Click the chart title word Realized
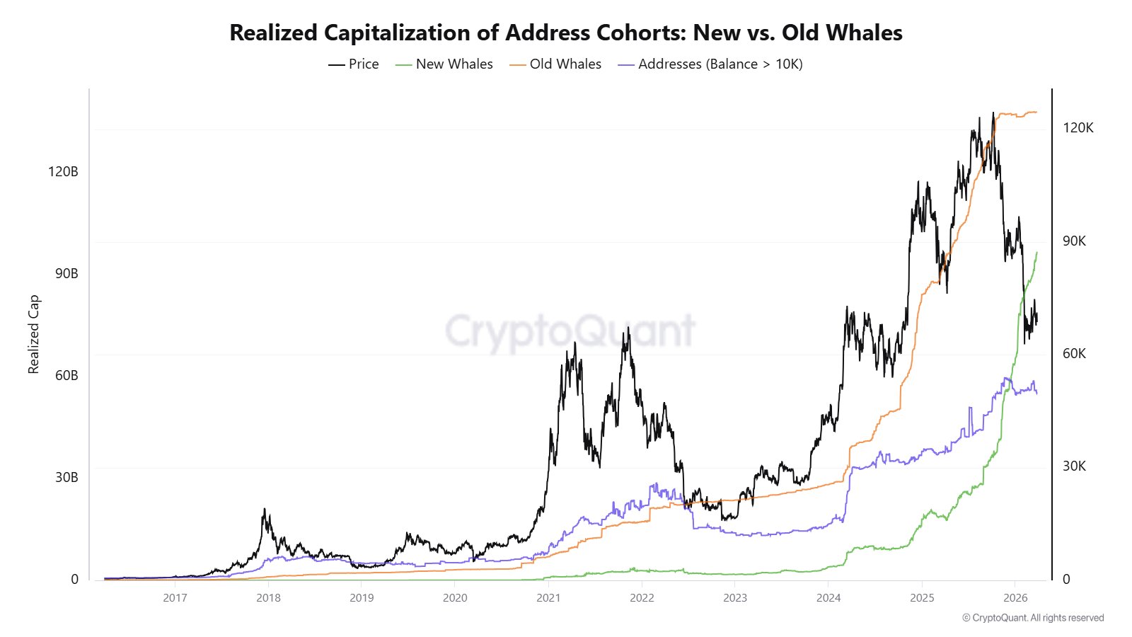pyautogui.click(x=274, y=33)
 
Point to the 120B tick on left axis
pyautogui.click(x=63, y=171)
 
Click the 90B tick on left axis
pyautogui.click(x=66, y=273)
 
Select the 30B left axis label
pyautogui.click(x=66, y=477)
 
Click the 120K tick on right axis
pyautogui.click(x=1078, y=127)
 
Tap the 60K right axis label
pyautogui.click(x=1074, y=353)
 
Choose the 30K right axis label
pyautogui.click(x=1074, y=466)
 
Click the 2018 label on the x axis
pyautogui.click(x=268, y=597)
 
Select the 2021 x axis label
pyautogui.click(x=548, y=597)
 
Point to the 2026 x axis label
pyautogui.click(x=1015, y=597)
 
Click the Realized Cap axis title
pyautogui.click(x=33, y=334)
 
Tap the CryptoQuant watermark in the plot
pyautogui.click(x=570, y=331)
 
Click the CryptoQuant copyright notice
pyautogui.click(x=1032, y=618)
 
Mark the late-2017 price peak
pyautogui.click(x=265, y=509)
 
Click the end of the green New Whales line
pyautogui.click(x=1037, y=252)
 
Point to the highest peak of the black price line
pyautogui.click(x=993, y=113)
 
